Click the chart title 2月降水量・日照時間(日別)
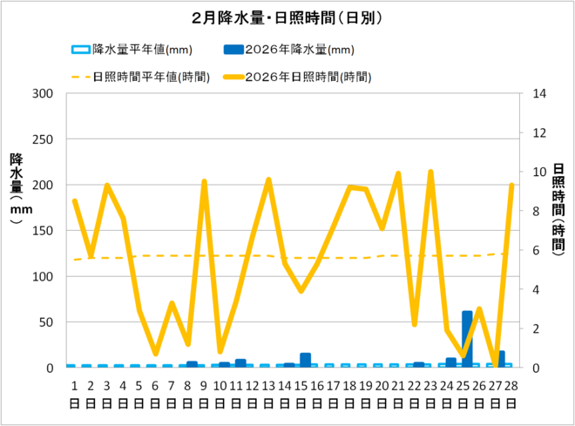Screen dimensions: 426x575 pos(287,17)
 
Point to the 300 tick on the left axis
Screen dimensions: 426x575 pos(43,93)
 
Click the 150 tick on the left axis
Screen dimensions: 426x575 pos(43,231)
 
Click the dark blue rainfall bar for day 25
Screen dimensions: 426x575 pos(467,339)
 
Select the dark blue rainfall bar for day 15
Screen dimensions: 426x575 pos(305,360)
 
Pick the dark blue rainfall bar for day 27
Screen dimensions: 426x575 pos(499,359)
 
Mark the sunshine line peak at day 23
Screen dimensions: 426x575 pos(430,172)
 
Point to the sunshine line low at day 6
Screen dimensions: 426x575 pos(156,354)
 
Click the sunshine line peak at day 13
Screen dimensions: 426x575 pos(268,179)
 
